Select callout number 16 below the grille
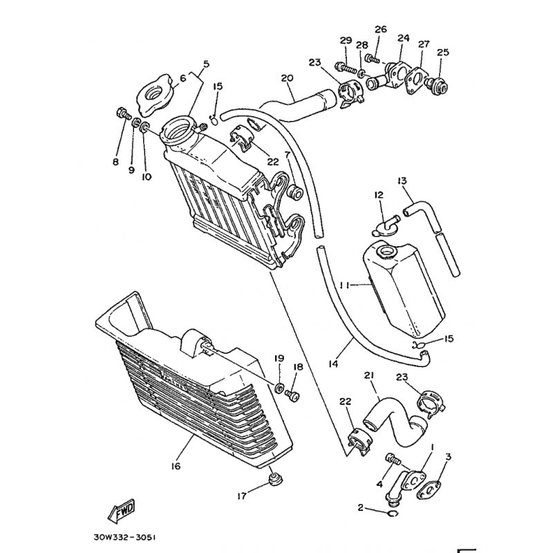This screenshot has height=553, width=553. coord(176,466)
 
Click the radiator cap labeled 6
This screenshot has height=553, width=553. coord(154,95)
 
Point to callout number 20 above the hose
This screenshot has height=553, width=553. coord(287,77)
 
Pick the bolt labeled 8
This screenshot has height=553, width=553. coord(123,113)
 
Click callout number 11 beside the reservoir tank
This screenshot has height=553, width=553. coord(344,285)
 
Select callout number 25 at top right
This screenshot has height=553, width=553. coord(443,53)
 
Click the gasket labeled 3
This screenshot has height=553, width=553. coord(429,489)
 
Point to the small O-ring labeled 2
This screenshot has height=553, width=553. coord(393,514)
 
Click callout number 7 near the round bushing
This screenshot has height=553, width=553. coord(288,154)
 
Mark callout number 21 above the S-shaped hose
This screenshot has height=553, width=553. coord(369,376)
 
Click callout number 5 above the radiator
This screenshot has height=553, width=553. coord(206,64)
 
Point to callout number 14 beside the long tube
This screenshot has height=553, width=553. coord(333,364)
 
